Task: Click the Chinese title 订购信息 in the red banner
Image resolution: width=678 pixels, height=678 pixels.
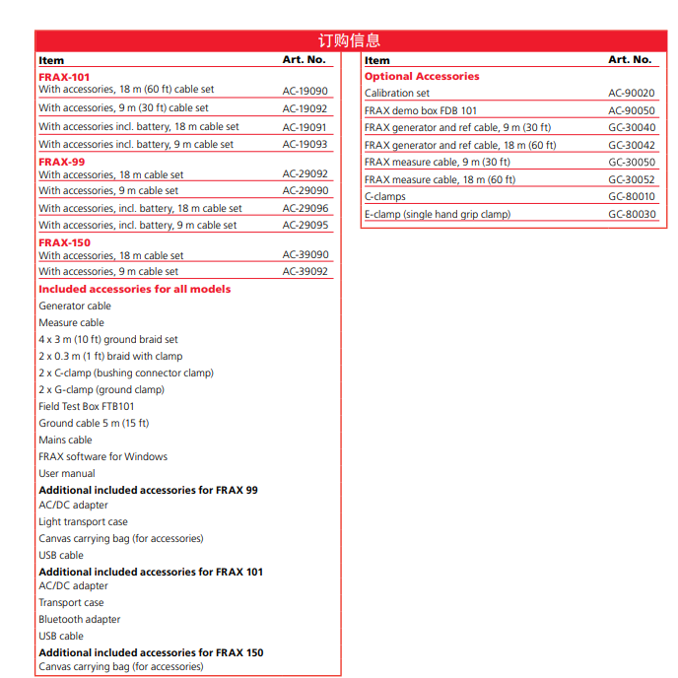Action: pos(349,40)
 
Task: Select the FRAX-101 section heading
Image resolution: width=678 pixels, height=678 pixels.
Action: pos(64,76)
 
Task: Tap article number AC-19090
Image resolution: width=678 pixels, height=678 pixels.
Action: pos(305,91)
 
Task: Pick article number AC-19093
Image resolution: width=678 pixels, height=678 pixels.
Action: pos(305,144)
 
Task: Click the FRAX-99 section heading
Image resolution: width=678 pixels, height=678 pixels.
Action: pos(61,162)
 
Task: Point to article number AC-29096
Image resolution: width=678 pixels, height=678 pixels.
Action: pos(305,208)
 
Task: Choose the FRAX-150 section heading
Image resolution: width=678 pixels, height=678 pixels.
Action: pos(64,242)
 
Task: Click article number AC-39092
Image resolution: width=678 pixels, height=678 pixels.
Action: pos(305,271)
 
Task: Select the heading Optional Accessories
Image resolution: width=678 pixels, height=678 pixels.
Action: pos(422,76)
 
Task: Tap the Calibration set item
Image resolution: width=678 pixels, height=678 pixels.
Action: pos(397,94)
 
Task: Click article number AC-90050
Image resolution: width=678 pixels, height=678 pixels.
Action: pos(632,110)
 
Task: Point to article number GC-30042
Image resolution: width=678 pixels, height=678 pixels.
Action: pos(632,145)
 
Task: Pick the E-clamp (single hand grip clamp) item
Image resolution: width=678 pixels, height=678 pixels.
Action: pos(438,214)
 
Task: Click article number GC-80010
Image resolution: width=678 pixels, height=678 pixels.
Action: pos(632,196)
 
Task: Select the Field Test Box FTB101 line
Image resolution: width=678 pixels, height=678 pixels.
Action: pos(87,406)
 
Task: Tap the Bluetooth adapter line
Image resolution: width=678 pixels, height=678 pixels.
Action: pos(80,619)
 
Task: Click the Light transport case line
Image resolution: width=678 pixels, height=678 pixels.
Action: pos(83,521)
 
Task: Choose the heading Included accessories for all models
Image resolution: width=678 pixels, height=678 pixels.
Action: pos(135,289)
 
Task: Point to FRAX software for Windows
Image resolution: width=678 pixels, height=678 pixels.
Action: pos(103,456)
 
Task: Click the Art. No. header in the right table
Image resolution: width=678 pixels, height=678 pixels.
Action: pos(630,60)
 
